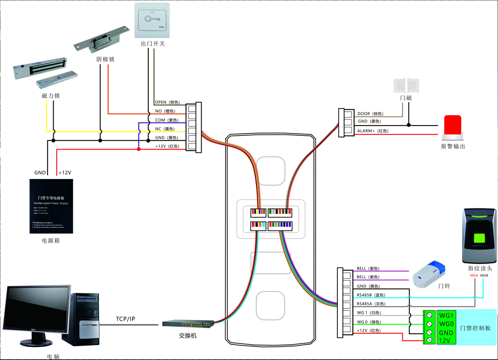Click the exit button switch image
point(152,21)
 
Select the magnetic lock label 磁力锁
point(51,96)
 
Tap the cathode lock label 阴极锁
point(105,59)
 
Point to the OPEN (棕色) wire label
point(167,102)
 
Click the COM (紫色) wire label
point(167,120)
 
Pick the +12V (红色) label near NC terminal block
point(167,146)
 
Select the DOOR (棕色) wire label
point(370,114)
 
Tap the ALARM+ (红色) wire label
point(373,131)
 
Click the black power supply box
point(51,206)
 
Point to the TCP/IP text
point(125,319)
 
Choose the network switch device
point(188,324)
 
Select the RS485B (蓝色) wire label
point(371,295)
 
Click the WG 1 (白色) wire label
point(369,313)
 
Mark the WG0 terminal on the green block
point(446,324)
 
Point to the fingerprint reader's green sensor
point(479,238)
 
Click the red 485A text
point(474,276)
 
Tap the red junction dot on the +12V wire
point(139,149)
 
